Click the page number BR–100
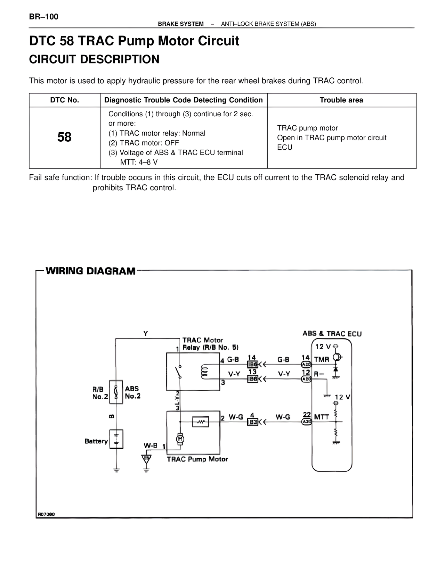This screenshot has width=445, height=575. pos(44,17)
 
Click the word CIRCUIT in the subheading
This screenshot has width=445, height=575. pos(52,59)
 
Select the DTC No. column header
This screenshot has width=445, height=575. pos(65,100)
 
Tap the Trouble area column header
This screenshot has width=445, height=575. pos(341,100)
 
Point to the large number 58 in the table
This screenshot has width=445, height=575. pos(64,137)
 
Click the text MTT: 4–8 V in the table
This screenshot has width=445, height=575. pos(139,162)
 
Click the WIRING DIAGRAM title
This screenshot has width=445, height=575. pos(90,271)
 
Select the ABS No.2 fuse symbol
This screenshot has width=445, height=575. pos(116,392)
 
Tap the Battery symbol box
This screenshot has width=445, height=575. pos(116,439)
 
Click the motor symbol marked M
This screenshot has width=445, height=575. pos(180,439)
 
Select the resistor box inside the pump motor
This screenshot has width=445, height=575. pos(200,422)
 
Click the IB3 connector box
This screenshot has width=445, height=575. pos(252,422)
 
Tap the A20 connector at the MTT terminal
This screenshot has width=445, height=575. pos(306,422)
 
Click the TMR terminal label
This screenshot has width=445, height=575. pos(321,359)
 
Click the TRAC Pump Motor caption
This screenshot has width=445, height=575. pos(197,459)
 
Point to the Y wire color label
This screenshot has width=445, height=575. pos(146,333)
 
